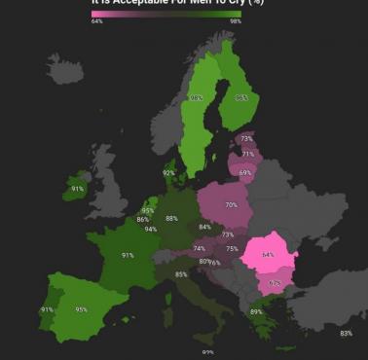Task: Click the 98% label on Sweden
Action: [x=197, y=98]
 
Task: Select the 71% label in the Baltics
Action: [x=248, y=154]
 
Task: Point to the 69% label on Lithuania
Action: [x=244, y=172]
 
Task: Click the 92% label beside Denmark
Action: [x=169, y=173]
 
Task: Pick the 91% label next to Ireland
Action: [x=78, y=189]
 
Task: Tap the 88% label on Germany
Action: [x=172, y=219]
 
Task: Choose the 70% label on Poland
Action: [x=232, y=205]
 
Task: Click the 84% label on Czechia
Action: [x=204, y=227]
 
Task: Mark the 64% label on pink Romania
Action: [x=268, y=255]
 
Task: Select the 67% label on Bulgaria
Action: [x=275, y=283]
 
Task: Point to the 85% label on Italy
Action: [x=181, y=274]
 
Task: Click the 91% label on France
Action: [x=128, y=255]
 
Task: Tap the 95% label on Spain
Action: [x=82, y=310]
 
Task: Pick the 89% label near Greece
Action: [x=256, y=311]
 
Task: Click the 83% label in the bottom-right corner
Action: [x=346, y=334]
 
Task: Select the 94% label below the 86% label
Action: [x=150, y=230]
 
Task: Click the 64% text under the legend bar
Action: [x=97, y=20]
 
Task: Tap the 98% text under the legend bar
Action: [x=236, y=20]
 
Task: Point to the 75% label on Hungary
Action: [x=232, y=249]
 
